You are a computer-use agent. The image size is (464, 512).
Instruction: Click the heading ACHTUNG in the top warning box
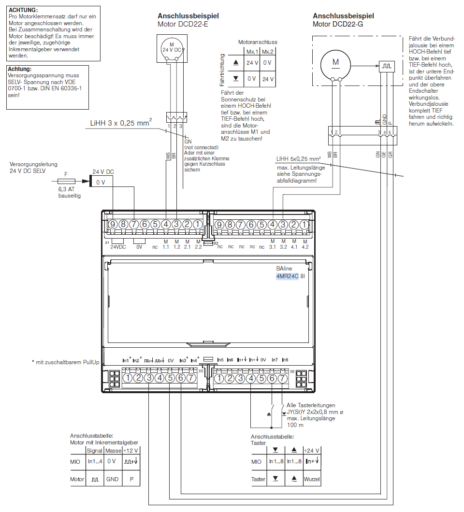click(x=23, y=10)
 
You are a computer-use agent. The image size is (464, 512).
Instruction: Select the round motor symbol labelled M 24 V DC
click(x=172, y=48)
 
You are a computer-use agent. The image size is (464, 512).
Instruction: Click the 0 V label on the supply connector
click(x=101, y=182)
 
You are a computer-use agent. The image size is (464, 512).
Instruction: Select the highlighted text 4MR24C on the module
click(x=287, y=277)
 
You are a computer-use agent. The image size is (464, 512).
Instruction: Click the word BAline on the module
click(x=284, y=268)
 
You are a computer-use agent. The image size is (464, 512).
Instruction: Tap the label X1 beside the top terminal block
click(x=107, y=242)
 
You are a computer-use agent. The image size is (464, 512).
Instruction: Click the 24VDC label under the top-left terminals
click(x=118, y=246)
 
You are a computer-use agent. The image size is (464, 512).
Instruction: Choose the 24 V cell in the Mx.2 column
click(x=268, y=79)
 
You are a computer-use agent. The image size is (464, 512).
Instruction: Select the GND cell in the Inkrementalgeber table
click(x=112, y=480)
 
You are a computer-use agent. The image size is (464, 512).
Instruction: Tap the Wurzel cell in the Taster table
click(x=312, y=479)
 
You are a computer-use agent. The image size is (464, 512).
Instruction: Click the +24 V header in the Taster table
click(x=312, y=450)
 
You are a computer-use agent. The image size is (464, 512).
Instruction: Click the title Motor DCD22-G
click(x=337, y=24)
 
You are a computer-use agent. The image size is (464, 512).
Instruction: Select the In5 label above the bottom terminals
click(x=220, y=360)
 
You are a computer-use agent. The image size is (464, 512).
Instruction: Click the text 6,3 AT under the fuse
click(x=66, y=190)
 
